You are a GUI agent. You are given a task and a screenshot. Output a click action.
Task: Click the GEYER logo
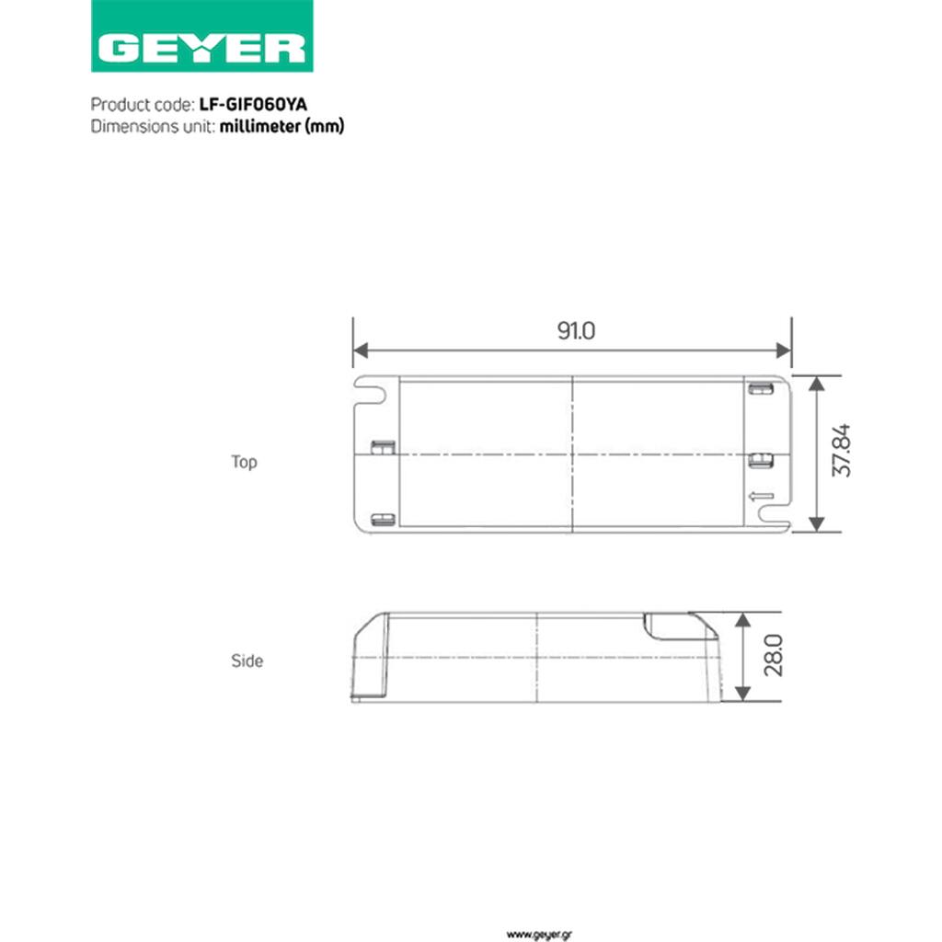coord(201,36)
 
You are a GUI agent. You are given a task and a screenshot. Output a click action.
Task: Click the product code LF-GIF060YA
coord(253,105)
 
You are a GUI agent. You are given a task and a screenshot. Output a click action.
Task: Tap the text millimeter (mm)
coord(281,126)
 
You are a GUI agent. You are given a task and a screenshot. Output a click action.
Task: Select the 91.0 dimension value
coord(576,330)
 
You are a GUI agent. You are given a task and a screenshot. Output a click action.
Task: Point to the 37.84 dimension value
coord(841,450)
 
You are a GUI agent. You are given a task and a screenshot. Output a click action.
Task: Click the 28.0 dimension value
coord(773,655)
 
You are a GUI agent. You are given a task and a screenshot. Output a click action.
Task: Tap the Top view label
coord(244,462)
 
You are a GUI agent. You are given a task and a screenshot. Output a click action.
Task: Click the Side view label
coord(247,661)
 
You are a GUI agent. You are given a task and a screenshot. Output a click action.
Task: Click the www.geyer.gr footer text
coord(539,935)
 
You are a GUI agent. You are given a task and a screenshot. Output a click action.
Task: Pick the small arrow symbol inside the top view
coord(761,496)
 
